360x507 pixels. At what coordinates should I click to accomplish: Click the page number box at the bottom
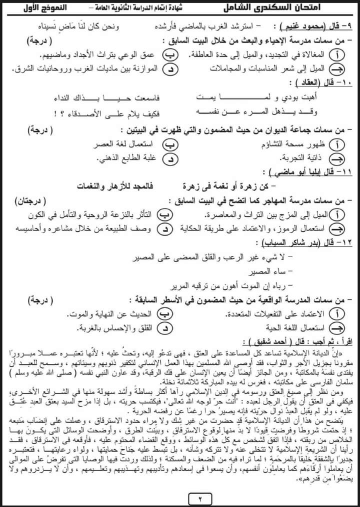tap(179, 497)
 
